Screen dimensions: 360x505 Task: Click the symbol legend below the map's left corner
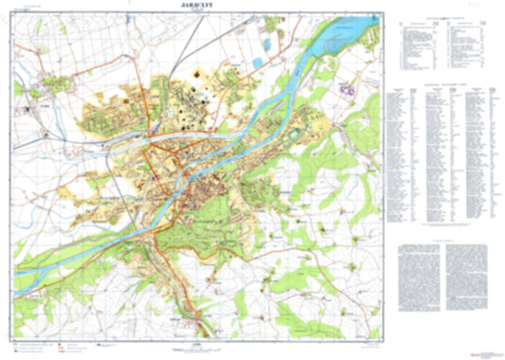coord(57,333)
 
